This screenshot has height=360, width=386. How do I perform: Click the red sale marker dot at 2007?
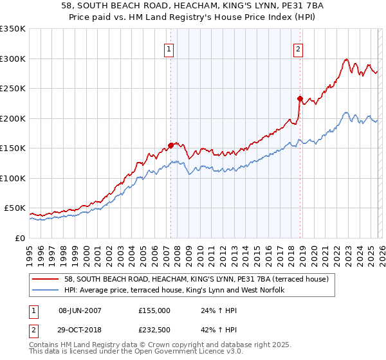click(x=170, y=145)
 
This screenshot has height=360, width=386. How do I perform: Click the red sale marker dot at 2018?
click(x=300, y=98)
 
